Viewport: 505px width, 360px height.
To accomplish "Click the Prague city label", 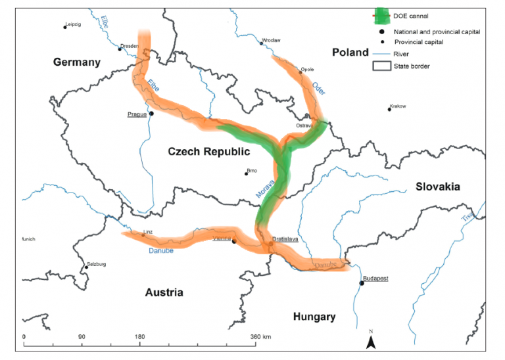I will pos(136,114).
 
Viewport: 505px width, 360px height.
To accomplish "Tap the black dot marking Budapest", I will pos(361,283).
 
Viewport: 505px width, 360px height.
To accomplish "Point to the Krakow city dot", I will pos(389,109).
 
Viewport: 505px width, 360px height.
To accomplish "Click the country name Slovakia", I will pos(437,187).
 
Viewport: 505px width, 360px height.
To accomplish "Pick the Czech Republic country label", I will pos(208,152).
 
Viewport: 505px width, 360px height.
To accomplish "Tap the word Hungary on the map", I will pos(314,317).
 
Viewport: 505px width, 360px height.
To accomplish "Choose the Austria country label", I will pos(164,292).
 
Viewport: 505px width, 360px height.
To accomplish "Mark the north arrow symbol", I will pos(371,340).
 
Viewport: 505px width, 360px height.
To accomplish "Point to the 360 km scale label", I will pos(260,337).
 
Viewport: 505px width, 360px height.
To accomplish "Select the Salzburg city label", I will pos(96,264).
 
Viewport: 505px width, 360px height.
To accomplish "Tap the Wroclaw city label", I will pos(271,40).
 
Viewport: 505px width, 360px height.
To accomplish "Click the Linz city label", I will pos(147,232).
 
